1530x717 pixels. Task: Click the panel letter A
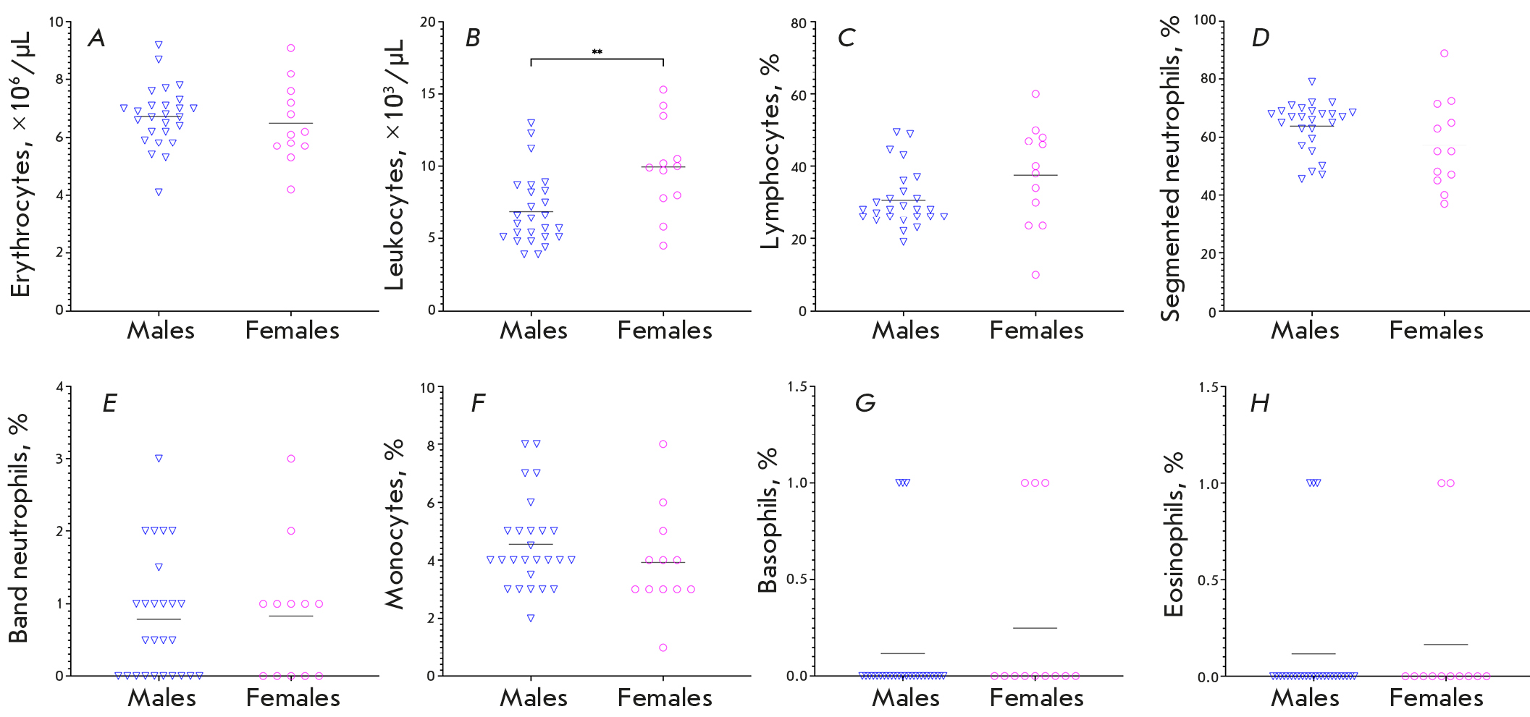point(96,38)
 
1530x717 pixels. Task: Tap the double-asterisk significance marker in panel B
point(597,52)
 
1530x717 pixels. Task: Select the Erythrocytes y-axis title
point(22,164)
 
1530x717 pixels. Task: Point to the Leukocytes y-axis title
point(395,164)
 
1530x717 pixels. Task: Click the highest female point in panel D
point(1444,54)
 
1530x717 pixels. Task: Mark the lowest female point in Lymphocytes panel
point(1035,275)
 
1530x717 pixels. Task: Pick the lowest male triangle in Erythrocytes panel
point(159,192)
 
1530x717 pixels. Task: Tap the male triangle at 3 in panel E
point(159,458)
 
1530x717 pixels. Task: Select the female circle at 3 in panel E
point(291,459)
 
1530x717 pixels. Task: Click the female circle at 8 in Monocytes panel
point(663,444)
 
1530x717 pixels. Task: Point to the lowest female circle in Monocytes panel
point(663,648)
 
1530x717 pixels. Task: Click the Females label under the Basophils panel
point(1036,697)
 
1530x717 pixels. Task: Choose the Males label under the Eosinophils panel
point(1305,697)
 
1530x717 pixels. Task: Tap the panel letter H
point(1260,403)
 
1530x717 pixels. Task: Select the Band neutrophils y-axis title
point(19,528)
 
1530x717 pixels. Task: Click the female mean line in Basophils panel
point(1035,628)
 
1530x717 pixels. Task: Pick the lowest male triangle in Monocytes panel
point(531,618)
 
